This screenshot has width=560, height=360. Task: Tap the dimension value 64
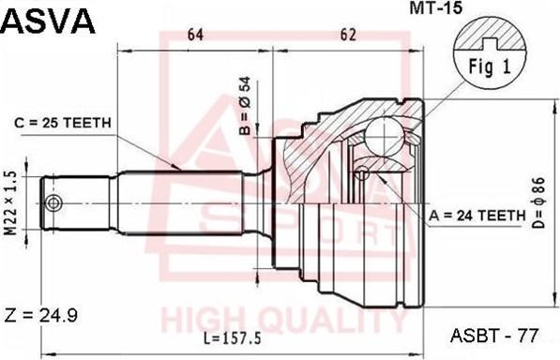tap(195, 36)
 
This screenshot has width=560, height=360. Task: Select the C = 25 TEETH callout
tap(63, 122)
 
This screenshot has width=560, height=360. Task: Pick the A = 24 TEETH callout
tap(477, 216)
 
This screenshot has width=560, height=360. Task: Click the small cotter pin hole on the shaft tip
tap(54, 203)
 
